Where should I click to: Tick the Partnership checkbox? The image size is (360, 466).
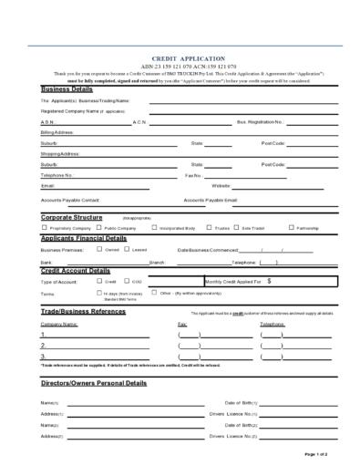pyautogui.click(x=291, y=227)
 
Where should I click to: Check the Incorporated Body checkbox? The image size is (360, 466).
pyautogui.click(x=154, y=227)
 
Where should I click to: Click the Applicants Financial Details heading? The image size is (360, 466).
pyautogui.click(x=84, y=238)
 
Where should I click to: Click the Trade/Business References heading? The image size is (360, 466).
pyautogui.click(x=83, y=312)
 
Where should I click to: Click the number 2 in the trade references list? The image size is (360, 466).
pyautogui.click(x=42, y=346)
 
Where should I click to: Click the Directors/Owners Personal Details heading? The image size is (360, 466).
pyautogui.click(x=93, y=384)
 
